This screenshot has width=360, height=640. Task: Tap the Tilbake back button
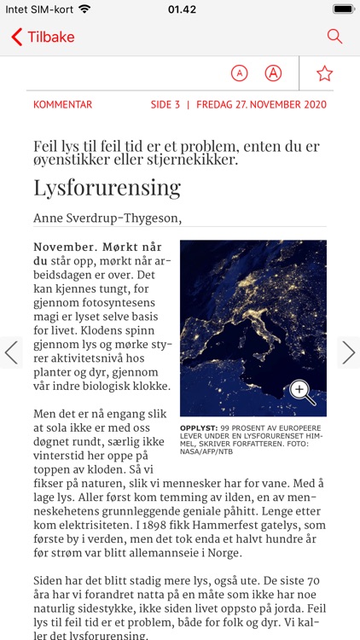tap(43, 37)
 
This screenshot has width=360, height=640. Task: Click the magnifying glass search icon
tap(334, 37)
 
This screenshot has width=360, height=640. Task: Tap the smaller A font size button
tap(240, 73)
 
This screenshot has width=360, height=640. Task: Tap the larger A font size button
tap(273, 73)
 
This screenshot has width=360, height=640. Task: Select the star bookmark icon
tap(324, 73)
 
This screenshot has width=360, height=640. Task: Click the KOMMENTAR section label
tap(62, 105)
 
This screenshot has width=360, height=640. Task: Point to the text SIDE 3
tap(165, 105)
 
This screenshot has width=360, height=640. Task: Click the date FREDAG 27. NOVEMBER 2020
tap(261, 105)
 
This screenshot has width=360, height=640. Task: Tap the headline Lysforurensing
tap(107, 188)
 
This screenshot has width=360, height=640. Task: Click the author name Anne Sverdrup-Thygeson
tap(107, 218)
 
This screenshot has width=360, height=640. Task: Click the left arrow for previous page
tap(11, 352)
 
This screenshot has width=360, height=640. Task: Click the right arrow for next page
tap(348, 352)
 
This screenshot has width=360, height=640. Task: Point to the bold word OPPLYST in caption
tap(198, 428)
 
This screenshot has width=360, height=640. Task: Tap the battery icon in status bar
tap(343, 9)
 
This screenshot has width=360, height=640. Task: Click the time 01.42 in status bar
tap(181, 9)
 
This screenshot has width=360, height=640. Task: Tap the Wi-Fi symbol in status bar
tap(84, 9)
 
